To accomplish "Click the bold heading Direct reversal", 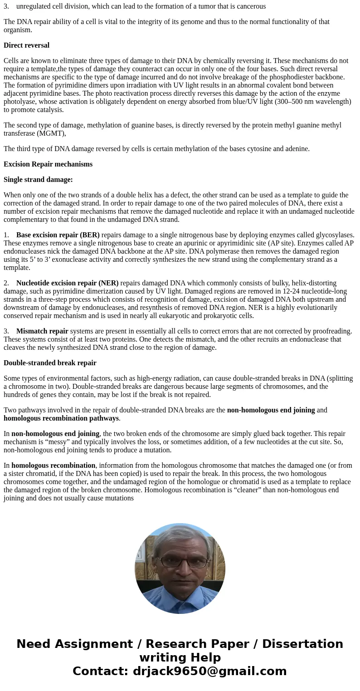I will (26, 45).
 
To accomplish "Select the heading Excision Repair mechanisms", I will (48, 164).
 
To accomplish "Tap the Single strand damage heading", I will (38, 180).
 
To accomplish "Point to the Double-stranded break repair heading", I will (50, 363).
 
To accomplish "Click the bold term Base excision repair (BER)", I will (58, 235).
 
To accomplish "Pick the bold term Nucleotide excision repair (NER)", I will (68, 283).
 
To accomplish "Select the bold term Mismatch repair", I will (42, 331).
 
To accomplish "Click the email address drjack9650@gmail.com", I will (209, 671).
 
